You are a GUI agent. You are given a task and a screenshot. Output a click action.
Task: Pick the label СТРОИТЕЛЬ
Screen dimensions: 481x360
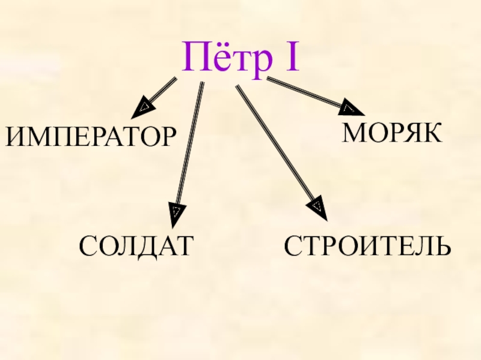[x=367, y=247]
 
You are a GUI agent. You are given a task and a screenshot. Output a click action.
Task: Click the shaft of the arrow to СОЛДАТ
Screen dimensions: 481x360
[x=190, y=144]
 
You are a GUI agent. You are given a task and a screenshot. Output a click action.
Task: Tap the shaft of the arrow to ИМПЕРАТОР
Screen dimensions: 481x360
[x=164, y=89]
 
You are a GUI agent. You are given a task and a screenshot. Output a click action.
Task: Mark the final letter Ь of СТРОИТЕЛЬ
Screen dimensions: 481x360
[x=441, y=247]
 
